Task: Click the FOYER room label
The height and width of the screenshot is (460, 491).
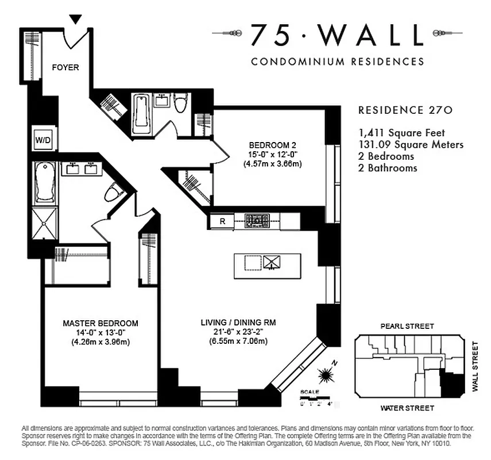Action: click(x=65, y=67)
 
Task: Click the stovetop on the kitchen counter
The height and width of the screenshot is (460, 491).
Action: click(x=257, y=220)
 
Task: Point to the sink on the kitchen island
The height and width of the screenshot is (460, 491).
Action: click(x=271, y=262)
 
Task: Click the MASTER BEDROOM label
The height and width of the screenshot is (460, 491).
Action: click(x=100, y=323)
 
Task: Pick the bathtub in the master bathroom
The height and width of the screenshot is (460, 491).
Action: click(x=45, y=183)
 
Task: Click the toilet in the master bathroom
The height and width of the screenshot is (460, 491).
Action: click(x=114, y=191)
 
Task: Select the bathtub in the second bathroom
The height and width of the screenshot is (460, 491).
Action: click(x=141, y=114)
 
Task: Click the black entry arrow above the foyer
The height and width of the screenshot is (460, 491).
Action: click(x=75, y=20)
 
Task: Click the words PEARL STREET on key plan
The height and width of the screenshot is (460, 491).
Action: click(x=407, y=325)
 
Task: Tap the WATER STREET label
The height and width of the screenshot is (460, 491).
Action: click(x=407, y=408)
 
